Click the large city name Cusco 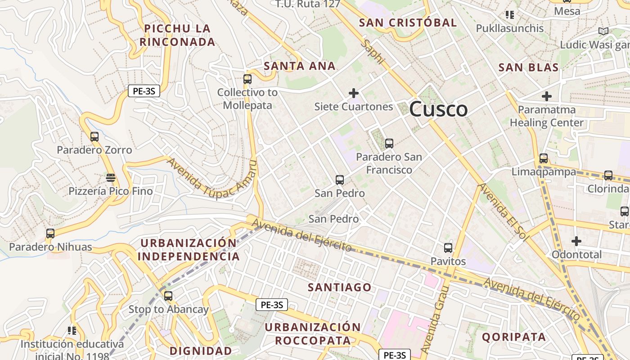(438, 109)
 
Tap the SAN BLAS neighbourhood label (528, 67)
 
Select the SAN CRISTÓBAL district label (408, 22)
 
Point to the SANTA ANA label (300, 66)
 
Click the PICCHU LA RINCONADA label (177, 35)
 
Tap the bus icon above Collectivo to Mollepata (247, 79)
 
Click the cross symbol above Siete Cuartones (354, 93)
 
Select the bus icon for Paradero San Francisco (389, 144)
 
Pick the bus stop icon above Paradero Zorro (94, 136)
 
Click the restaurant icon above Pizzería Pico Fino (111, 178)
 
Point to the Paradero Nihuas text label (50, 247)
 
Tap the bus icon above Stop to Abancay (168, 296)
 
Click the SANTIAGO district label (340, 287)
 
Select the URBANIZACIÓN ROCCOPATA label (312, 333)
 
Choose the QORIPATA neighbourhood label (514, 337)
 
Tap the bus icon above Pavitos (448, 247)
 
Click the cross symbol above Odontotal (576, 241)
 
